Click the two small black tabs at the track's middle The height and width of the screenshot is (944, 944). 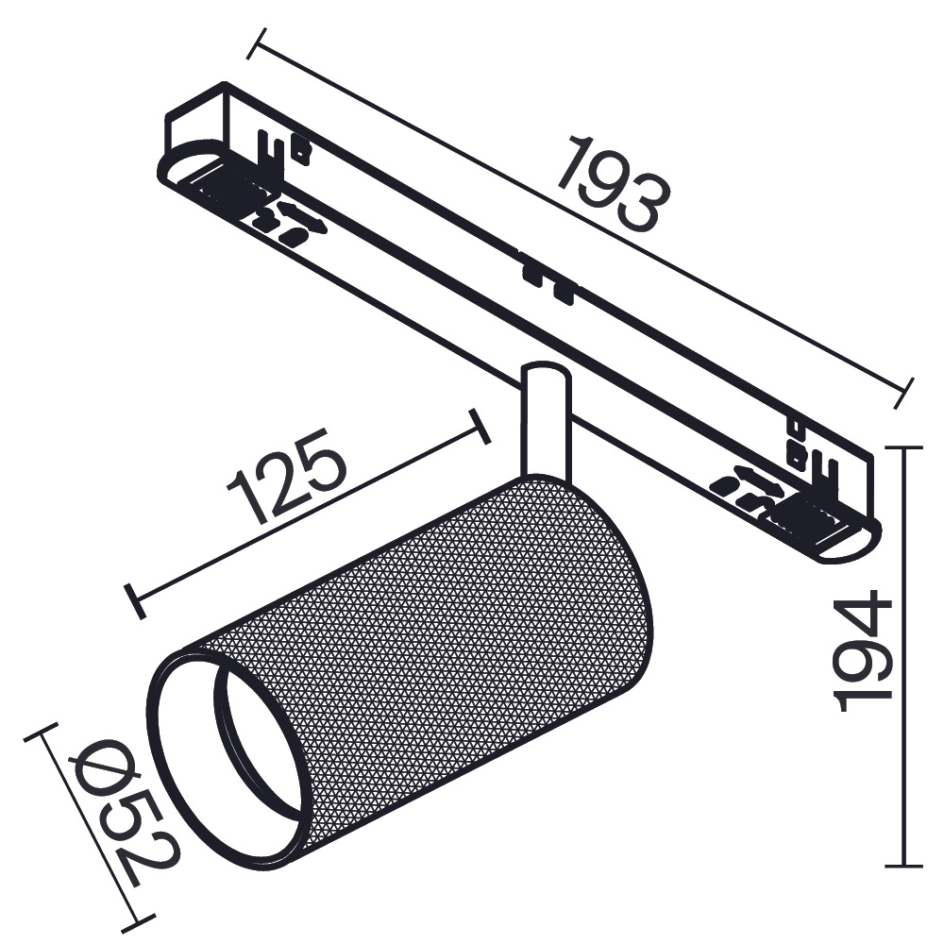pos(548,283)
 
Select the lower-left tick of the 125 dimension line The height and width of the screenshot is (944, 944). pos(134,599)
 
